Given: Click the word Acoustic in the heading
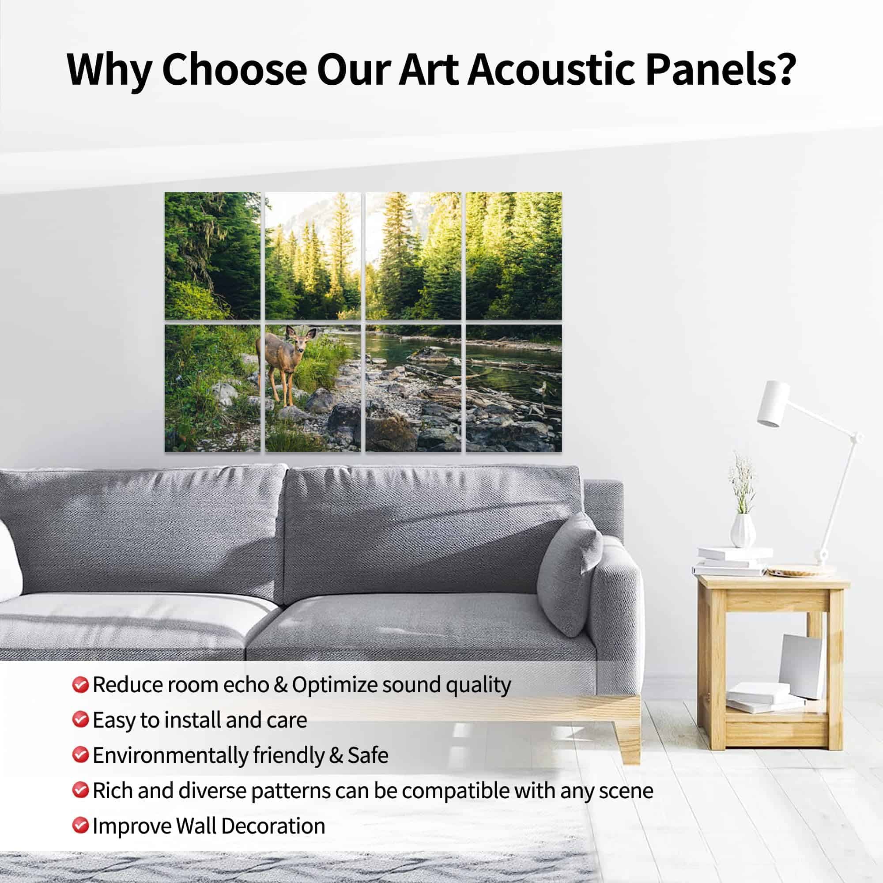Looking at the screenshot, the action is tap(551, 69).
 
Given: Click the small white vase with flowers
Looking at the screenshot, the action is tap(742, 531).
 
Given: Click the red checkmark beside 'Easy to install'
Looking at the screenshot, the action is tap(80, 720).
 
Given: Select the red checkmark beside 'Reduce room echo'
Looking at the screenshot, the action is tap(80, 685).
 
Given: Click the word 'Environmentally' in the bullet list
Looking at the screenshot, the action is tap(170, 755).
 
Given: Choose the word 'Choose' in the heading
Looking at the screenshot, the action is tap(234, 69).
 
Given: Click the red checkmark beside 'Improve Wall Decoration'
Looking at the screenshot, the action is tap(80, 826).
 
